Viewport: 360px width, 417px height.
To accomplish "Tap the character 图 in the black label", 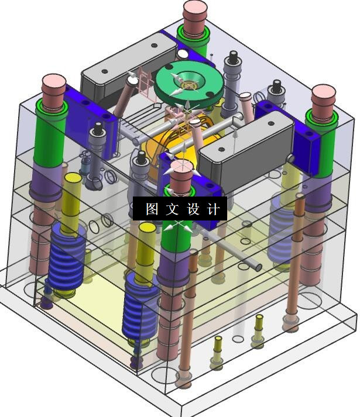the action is (152, 209).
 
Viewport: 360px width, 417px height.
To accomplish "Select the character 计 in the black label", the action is (214, 209).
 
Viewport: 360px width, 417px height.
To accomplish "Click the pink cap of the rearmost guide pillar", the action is (195, 16).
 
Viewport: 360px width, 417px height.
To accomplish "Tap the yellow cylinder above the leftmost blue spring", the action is (71, 202).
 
